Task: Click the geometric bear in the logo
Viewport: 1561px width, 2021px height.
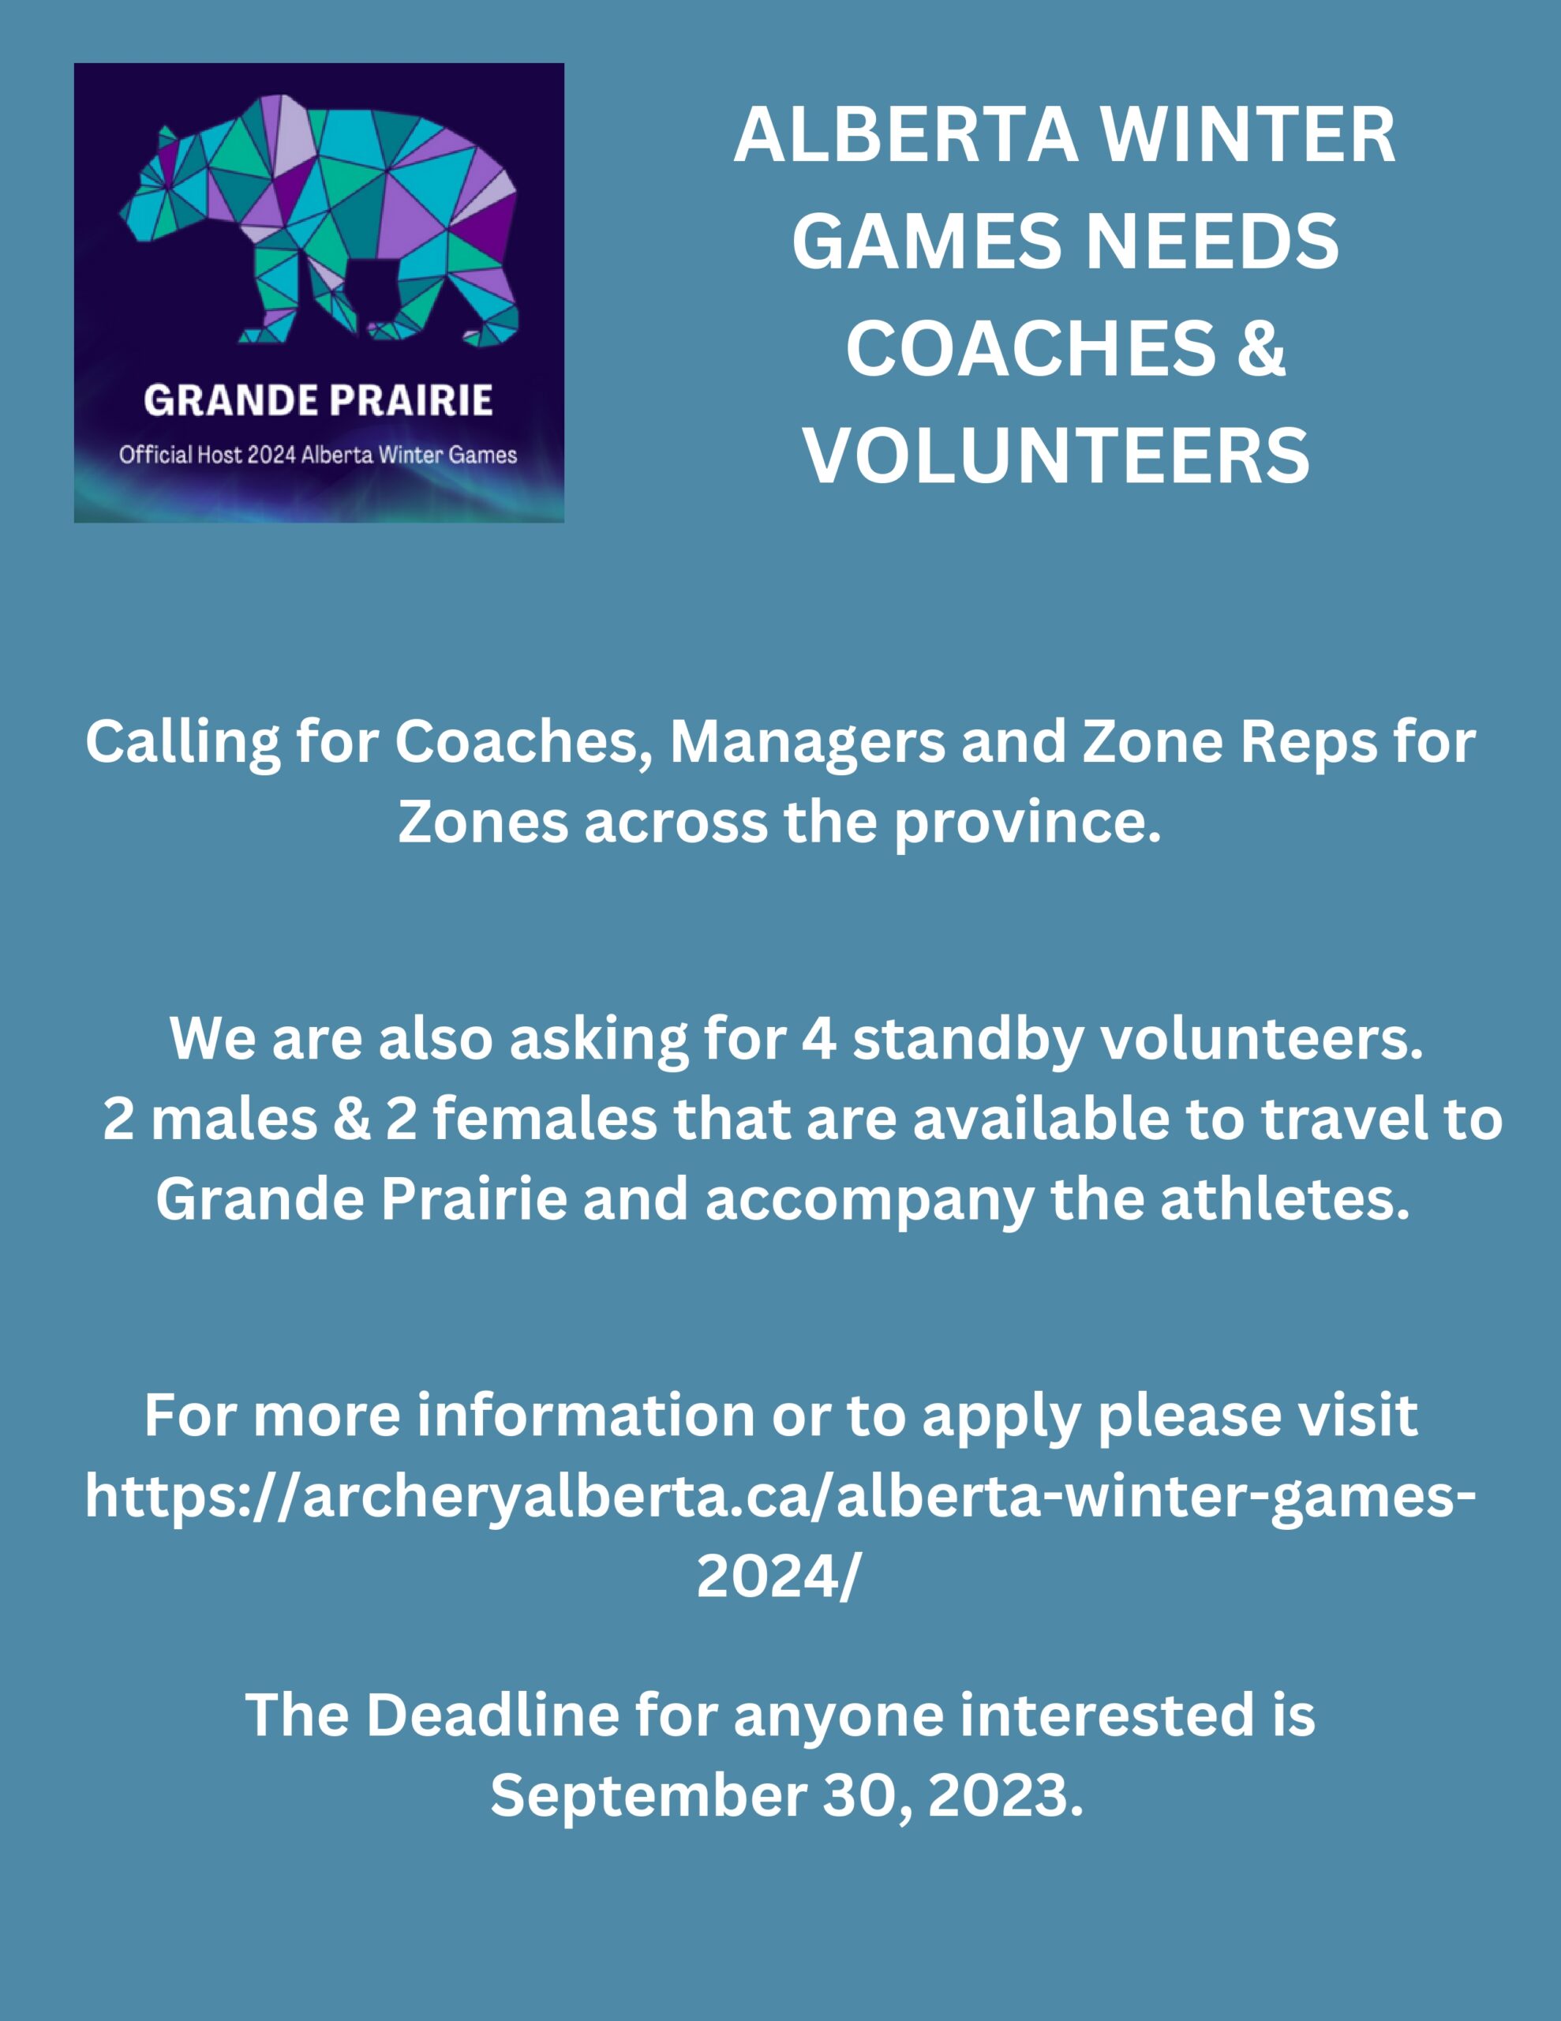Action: tap(320, 220)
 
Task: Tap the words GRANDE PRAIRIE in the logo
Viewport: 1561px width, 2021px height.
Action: tap(318, 401)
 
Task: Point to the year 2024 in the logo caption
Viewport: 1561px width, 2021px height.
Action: tap(271, 455)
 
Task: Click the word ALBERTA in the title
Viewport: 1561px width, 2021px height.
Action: tap(906, 135)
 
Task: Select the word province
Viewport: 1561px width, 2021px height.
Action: tap(1027, 823)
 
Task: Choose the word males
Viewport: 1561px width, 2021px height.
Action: tap(233, 1119)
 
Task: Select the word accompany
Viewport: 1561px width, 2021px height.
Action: tap(870, 1201)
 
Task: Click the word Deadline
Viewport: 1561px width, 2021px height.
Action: tap(492, 1715)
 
